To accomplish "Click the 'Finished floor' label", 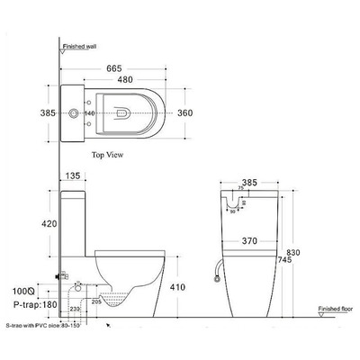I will (x=334, y=309).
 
